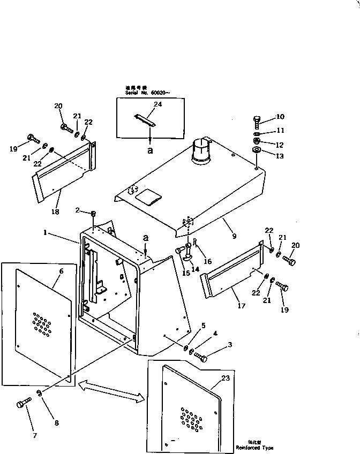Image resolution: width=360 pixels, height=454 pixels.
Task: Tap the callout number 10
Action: click(280, 117)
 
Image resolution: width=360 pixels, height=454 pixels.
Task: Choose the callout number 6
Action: click(61, 271)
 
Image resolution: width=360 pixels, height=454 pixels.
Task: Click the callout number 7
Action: click(34, 435)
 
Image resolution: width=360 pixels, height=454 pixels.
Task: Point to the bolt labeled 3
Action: click(201, 357)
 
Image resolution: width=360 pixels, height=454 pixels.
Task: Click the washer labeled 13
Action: click(257, 152)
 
